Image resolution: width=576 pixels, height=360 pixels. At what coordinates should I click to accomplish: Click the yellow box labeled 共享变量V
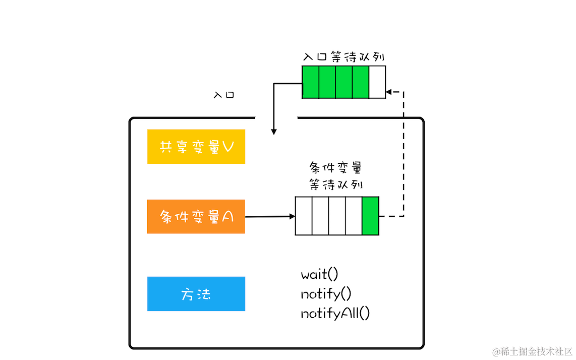(196, 146)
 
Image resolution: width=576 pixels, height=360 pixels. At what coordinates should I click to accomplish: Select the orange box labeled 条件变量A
(196, 217)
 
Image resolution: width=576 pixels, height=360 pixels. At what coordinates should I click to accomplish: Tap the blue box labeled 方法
(196, 294)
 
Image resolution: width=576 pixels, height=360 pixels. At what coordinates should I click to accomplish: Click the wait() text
(319, 275)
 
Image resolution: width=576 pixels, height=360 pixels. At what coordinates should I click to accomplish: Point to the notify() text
(326, 294)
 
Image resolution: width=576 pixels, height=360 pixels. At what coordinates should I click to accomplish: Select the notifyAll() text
(335, 313)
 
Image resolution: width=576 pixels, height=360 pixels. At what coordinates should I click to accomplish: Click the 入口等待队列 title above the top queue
(344, 57)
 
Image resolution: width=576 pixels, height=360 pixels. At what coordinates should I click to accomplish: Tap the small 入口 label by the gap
(224, 95)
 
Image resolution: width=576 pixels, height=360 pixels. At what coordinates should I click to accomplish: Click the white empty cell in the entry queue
(377, 82)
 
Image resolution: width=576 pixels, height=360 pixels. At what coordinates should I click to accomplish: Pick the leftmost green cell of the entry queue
(311, 82)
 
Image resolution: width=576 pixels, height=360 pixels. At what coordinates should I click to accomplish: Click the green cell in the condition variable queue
(370, 216)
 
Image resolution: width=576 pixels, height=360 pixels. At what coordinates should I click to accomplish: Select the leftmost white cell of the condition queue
(304, 216)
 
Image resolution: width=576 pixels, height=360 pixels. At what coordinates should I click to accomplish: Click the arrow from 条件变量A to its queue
(270, 217)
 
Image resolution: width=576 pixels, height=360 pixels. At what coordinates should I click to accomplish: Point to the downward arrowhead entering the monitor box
(274, 131)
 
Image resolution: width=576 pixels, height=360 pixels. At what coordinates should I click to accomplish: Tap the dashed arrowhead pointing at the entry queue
(389, 92)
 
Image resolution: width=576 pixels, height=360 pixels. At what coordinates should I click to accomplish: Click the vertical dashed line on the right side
(404, 156)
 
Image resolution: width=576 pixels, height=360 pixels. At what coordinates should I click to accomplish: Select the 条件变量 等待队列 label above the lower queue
(335, 176)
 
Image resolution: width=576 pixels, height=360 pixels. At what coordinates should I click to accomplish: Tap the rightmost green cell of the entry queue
(361, 82)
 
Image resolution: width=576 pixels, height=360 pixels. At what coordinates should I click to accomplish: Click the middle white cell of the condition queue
(337, 216)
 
